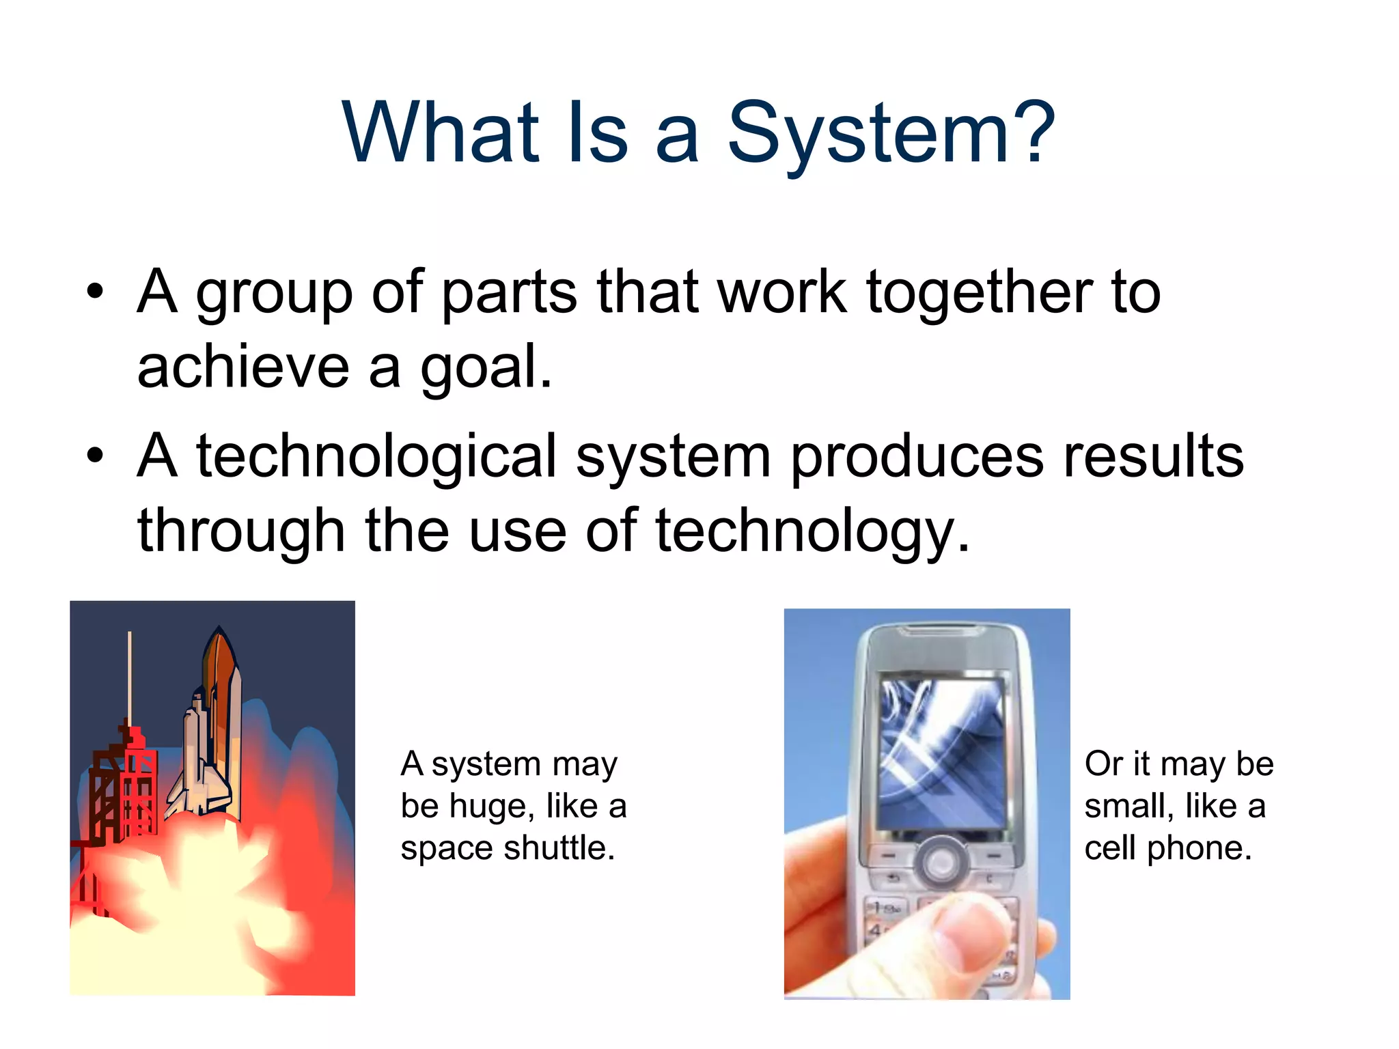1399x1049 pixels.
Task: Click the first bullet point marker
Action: tap(95, 294)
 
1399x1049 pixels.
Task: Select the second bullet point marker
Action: tap(95, 457)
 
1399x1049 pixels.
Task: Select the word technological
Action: tap(376, 456)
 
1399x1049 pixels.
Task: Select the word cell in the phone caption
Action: tap(1111, 848)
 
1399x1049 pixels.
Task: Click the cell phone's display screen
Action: tap(941, 755)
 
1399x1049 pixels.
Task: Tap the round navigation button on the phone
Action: tap(941, 862)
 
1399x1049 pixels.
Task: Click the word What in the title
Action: tap(441, 133)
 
